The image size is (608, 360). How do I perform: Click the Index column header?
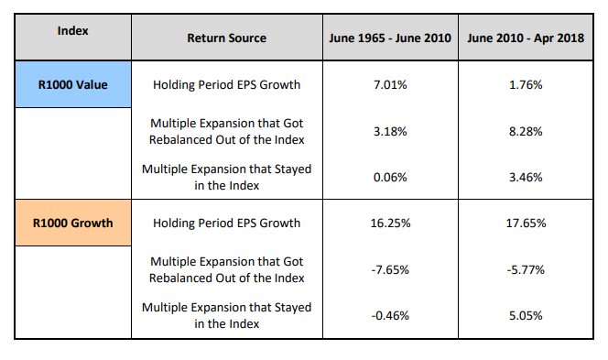[72, 30]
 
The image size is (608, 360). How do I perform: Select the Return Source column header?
[226, 38]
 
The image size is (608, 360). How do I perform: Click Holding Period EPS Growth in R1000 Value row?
[226, 85]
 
